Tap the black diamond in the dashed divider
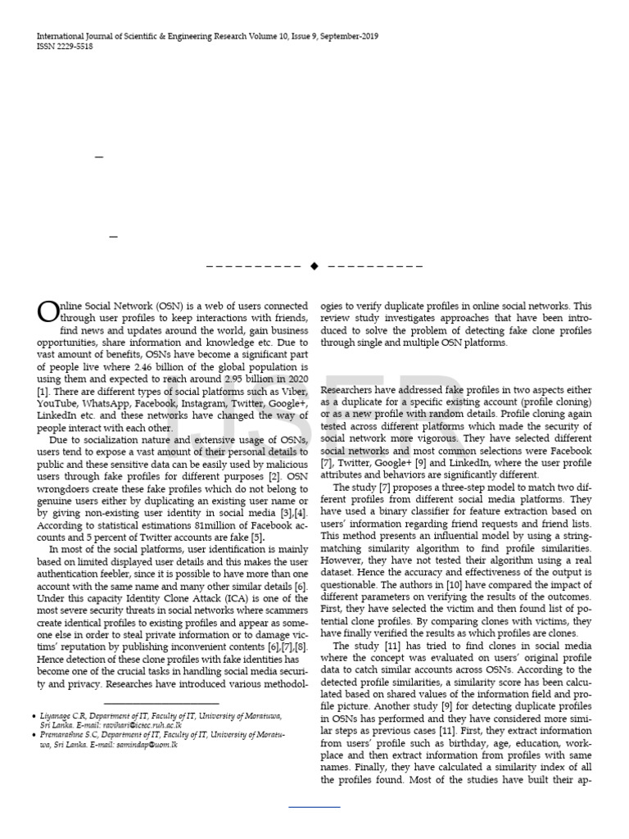coord(314,266)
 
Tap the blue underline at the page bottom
coord(314,808)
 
